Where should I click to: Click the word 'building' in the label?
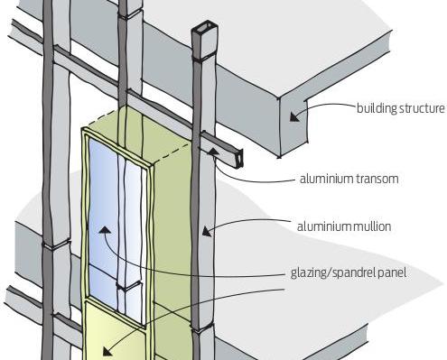(x=377, y=108)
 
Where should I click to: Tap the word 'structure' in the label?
(x=422, y=108)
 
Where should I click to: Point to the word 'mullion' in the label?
(x=372, y=226)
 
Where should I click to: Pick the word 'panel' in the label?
(x=392, y=273)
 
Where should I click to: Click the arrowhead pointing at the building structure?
(x=294, y=116)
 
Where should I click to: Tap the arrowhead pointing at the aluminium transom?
(x=213, y=152)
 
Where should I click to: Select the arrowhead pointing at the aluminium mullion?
(x=207, y=231)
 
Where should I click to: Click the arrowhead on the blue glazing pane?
(x=105, y=230)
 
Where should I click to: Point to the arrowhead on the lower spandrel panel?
(x=107, y=351)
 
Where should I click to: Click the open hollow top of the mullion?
(x=204, y=30)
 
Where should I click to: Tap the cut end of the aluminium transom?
(x=239, y=157)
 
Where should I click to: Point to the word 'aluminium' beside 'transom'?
(x=326, y=179)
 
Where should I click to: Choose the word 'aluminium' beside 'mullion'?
(x=324, y=226)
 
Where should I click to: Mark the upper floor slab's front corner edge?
(x=279, y=127)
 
